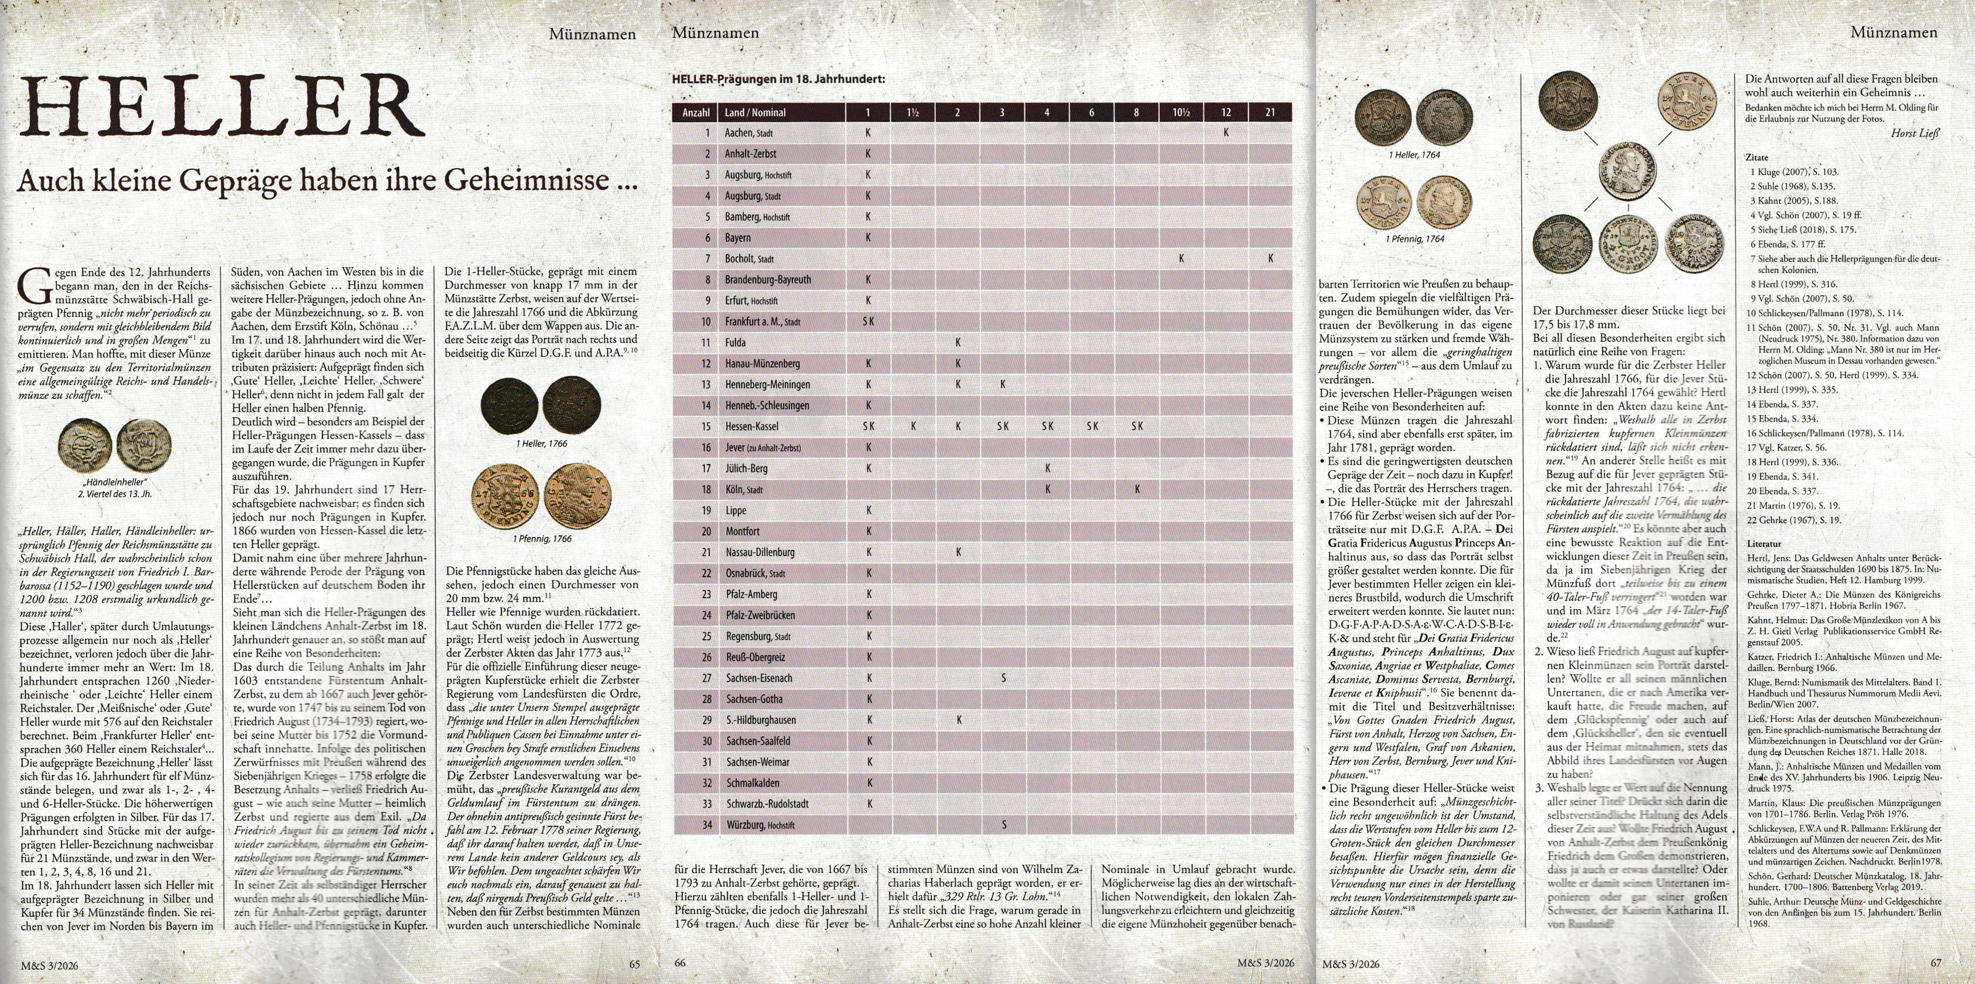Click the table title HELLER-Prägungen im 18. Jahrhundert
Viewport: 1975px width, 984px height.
coord(778,79)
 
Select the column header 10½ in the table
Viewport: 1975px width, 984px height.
coord(1181,112)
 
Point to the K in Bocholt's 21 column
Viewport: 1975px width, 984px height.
coord(1270,258)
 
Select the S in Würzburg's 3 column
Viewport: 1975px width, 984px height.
coord(1003,825)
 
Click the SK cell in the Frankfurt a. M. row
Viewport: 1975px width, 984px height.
coord(868,322)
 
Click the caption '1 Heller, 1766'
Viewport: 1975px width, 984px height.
coord(542,444)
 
